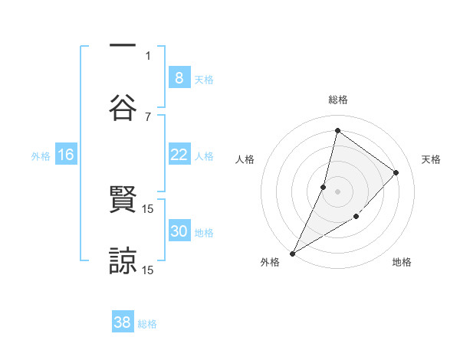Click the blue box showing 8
coord(179,77)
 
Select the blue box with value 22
coord(179,155)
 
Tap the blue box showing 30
coord(179,231)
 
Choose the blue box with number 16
coord(66,155)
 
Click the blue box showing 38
coord(123,322)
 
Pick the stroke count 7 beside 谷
coord(148,116)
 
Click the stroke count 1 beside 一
coord(148,55)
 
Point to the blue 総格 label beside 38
coord(147,324)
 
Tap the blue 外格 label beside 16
coord(41,156)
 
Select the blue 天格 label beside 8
coord(204,79)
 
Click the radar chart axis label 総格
coord(337,100)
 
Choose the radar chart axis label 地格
coord(402,263)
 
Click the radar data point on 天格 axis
coord(396,172)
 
